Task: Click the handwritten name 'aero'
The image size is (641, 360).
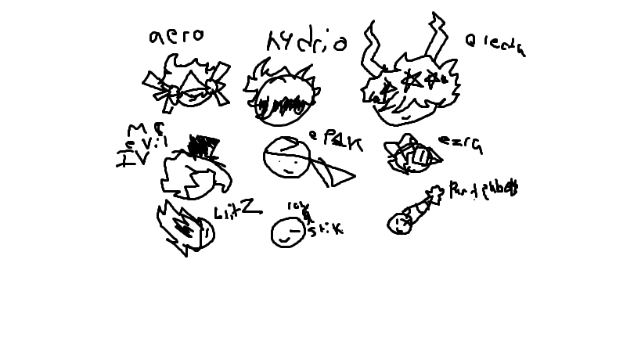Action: click(x=176, y=35)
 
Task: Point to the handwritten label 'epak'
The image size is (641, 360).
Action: click(x=336, y=140)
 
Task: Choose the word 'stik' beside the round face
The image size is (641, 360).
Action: click(x=325, y=229)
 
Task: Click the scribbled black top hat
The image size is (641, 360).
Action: click(x=205, y=146)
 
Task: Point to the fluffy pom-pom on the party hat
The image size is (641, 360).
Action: click(x=434, y=193)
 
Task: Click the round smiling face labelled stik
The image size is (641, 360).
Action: click(x=286, y=232)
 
